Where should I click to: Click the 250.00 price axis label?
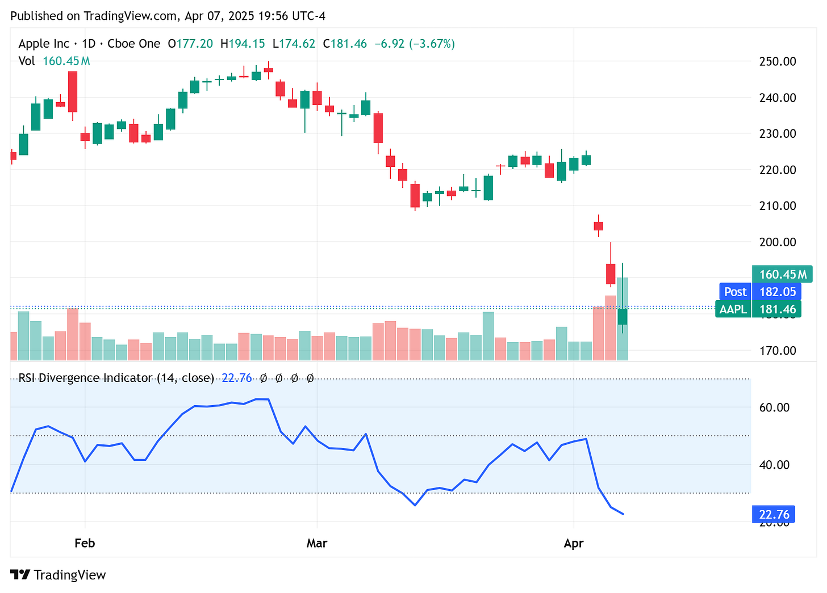click(777, 61)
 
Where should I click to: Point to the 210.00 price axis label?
click(777, 205)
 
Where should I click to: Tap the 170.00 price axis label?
click(777, 350)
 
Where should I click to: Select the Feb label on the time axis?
click(85, 543)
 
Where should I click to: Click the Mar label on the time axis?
click(316, 543)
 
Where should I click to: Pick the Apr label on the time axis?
click(574, 543)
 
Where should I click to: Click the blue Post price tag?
click(735, 292)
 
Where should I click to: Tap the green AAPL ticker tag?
click(733, 309)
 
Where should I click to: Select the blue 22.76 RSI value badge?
click(774, 514)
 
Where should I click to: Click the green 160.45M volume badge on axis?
click(782, 274)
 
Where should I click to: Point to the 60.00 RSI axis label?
click(774, 407)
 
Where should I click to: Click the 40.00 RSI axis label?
click(774, 465)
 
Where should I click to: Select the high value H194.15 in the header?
click(243, 44)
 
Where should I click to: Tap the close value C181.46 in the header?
click(345, 44)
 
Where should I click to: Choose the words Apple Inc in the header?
click(44, 44)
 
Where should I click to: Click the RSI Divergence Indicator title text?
click(116, 378)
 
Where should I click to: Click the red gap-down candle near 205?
click(598, 226)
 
